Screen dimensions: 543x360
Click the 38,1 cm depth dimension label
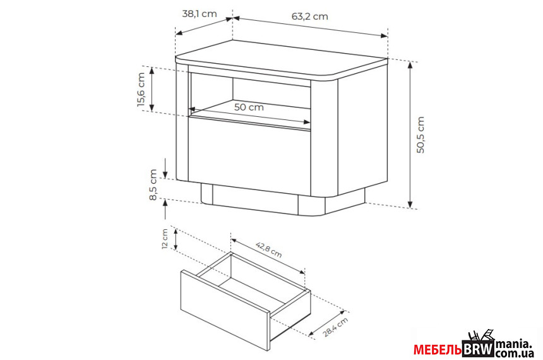(200, 14)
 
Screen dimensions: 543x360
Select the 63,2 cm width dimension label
(309, 16)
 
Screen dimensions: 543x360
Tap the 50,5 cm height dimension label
(420, 135)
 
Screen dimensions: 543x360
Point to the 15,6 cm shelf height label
(141, 90)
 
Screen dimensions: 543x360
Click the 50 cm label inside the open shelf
(249, 107)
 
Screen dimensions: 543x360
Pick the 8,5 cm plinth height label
(153, 184)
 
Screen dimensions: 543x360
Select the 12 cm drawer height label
(165, 239)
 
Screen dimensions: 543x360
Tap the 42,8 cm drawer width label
(269, 250)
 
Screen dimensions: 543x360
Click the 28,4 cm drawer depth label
(335, 327)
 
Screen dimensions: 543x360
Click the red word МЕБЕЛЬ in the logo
(438, 350)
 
